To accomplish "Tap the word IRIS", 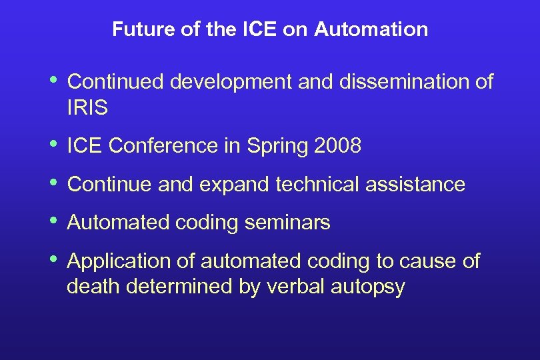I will pyautogui.click(x=87, y=108).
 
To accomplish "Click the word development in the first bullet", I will pyautogui.click(x=231, y=82).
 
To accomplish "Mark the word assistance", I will pyautogui.click(x=415, y=184).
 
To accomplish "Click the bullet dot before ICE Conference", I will pyautogui.click(x=53, y=145).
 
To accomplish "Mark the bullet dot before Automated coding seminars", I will pyautogui.click(x=53, y=221).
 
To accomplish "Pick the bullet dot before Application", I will pyautogui.click(x=53, y=260).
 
